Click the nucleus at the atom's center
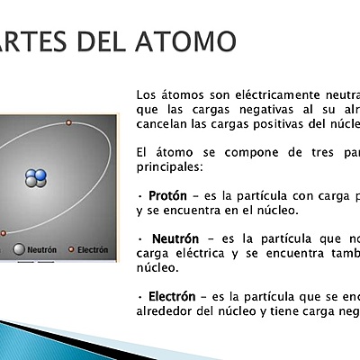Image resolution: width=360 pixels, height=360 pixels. [x=35, y=177]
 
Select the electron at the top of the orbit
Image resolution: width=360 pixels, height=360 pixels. [x=68, y=122]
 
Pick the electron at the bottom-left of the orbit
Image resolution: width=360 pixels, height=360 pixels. [x=3, y=233]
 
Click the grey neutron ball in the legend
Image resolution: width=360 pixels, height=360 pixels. [x=18, y=249]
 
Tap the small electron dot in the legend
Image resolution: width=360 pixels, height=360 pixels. [x=71, y=249]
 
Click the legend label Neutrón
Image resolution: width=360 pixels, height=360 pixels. [x=41, y=249]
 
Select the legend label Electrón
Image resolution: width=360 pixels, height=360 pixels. [x=93, y=249]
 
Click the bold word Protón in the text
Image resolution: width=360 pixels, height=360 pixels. [x=167, y=194]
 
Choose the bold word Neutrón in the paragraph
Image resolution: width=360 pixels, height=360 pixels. [x=175, y=238]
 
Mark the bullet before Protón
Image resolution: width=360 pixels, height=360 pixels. [x=139, y=195]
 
